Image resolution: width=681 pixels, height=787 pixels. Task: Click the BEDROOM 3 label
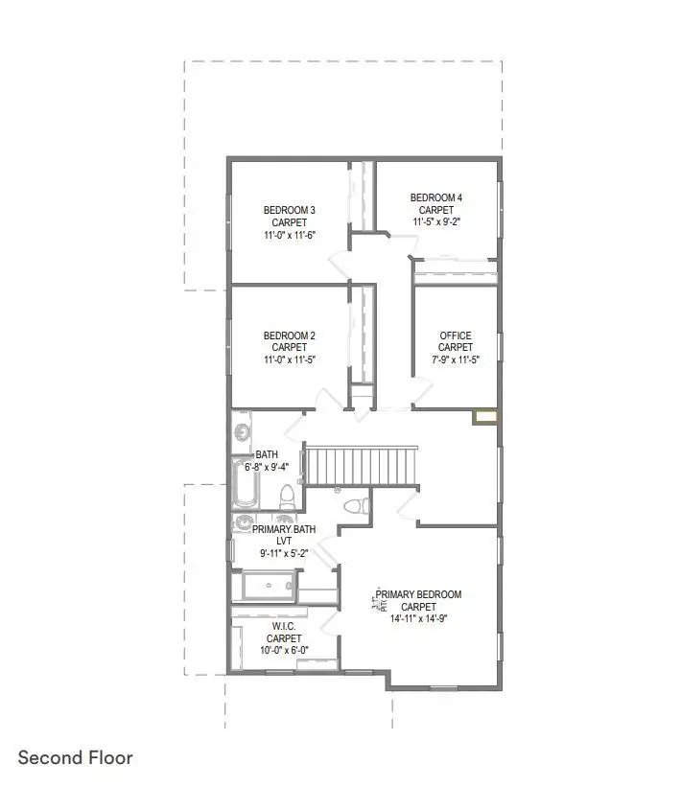coord(289,210)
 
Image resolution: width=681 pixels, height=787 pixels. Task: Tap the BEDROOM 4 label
coord(436,198)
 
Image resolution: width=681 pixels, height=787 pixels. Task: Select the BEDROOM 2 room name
coord(289,336)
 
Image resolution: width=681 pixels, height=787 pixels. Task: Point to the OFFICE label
coord(456,336)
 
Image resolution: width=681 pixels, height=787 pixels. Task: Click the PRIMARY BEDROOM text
coord(418,594)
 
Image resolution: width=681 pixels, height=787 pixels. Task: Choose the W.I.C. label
coord(283,626)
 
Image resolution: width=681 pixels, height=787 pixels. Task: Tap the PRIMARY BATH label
coord(283,528)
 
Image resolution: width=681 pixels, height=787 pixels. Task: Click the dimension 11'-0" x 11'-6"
coord(289,234)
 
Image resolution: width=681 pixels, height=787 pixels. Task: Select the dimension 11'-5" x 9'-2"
coord(436,221)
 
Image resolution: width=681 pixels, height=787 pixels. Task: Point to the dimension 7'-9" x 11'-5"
coord(456,359)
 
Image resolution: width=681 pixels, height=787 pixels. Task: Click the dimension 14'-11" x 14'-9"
coord(418,618)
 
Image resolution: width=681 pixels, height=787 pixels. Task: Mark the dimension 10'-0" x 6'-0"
coord(283,650)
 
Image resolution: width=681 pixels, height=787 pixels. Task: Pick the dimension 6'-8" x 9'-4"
coord(279,467)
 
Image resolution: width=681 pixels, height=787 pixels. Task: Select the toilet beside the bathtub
coord(286,497)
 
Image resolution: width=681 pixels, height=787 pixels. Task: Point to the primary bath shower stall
coord(269,586)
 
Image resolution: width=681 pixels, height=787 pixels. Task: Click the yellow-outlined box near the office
coord(485,417)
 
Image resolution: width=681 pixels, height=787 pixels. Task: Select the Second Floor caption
coord(75,758)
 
